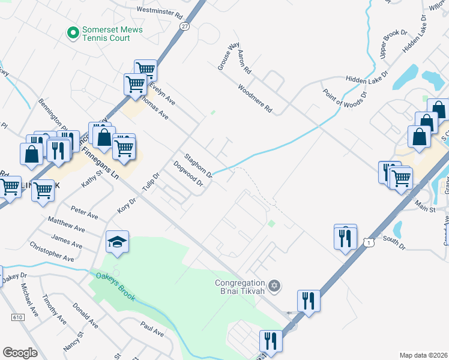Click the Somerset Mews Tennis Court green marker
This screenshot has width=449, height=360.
coord(73,32)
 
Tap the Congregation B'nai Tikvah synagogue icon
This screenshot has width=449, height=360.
coord(274,284)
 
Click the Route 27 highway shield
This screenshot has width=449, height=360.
coord(184,26)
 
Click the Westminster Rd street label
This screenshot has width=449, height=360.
coord(159,11)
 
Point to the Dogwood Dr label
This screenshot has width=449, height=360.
coord(188,174)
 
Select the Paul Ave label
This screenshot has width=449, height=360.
coord(152,329)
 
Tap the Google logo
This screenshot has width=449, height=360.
coord(20,353)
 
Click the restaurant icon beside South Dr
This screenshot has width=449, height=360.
coord(345,238)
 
